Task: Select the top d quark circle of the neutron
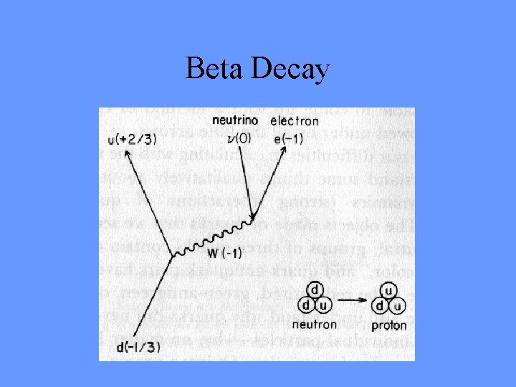click(x=315, y=292)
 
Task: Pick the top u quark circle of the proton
click(x=388, y=292)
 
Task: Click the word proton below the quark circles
click(x=389, y=325)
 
